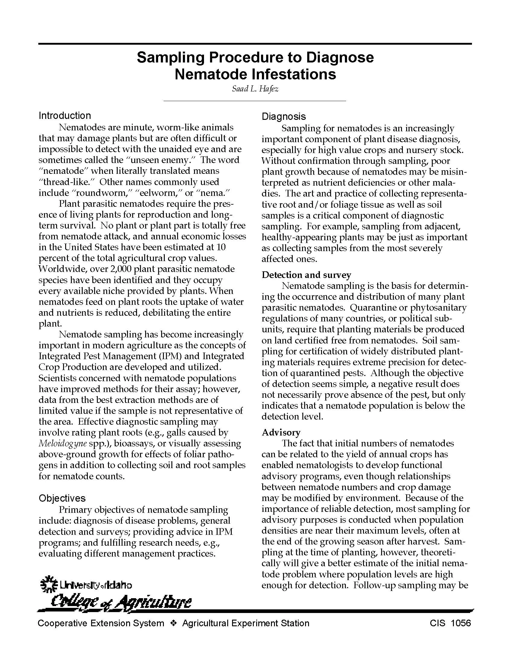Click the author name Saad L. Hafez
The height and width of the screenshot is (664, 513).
pos(255,89)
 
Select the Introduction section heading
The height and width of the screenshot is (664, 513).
pos(65,116)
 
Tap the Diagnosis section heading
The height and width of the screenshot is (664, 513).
pos(284,117)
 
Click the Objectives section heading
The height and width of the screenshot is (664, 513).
pos(62,498)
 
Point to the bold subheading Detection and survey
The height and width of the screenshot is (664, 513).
pos(306,275)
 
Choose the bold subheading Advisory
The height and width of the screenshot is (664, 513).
pos(281,432)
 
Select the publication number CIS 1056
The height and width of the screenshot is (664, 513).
pos(451,623)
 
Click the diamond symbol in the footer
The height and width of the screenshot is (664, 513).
pos(173,623)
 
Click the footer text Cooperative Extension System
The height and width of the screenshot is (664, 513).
pos(100,623)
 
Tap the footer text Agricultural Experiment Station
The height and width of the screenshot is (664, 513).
pos(246,623)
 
